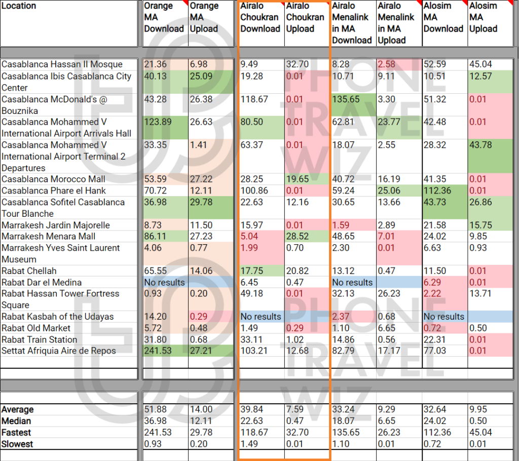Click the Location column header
click(19, 6)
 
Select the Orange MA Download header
click(164, 17)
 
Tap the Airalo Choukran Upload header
click(305, 17)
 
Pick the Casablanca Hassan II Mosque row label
click(62, 64)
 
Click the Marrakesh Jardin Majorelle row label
click(56, 225)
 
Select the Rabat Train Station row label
click(40, 339)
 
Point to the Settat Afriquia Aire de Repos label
click(59, 351)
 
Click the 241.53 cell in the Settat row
click(158, 351)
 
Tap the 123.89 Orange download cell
click(158, 122)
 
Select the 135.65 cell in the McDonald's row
click(346, 99)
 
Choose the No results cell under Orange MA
click(165, 282)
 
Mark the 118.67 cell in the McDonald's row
click(254, 99)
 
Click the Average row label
click(18, 409)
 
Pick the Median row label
click(16, 421)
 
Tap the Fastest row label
click(16, 433)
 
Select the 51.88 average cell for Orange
click(155, 409)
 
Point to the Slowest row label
click(17, 444)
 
